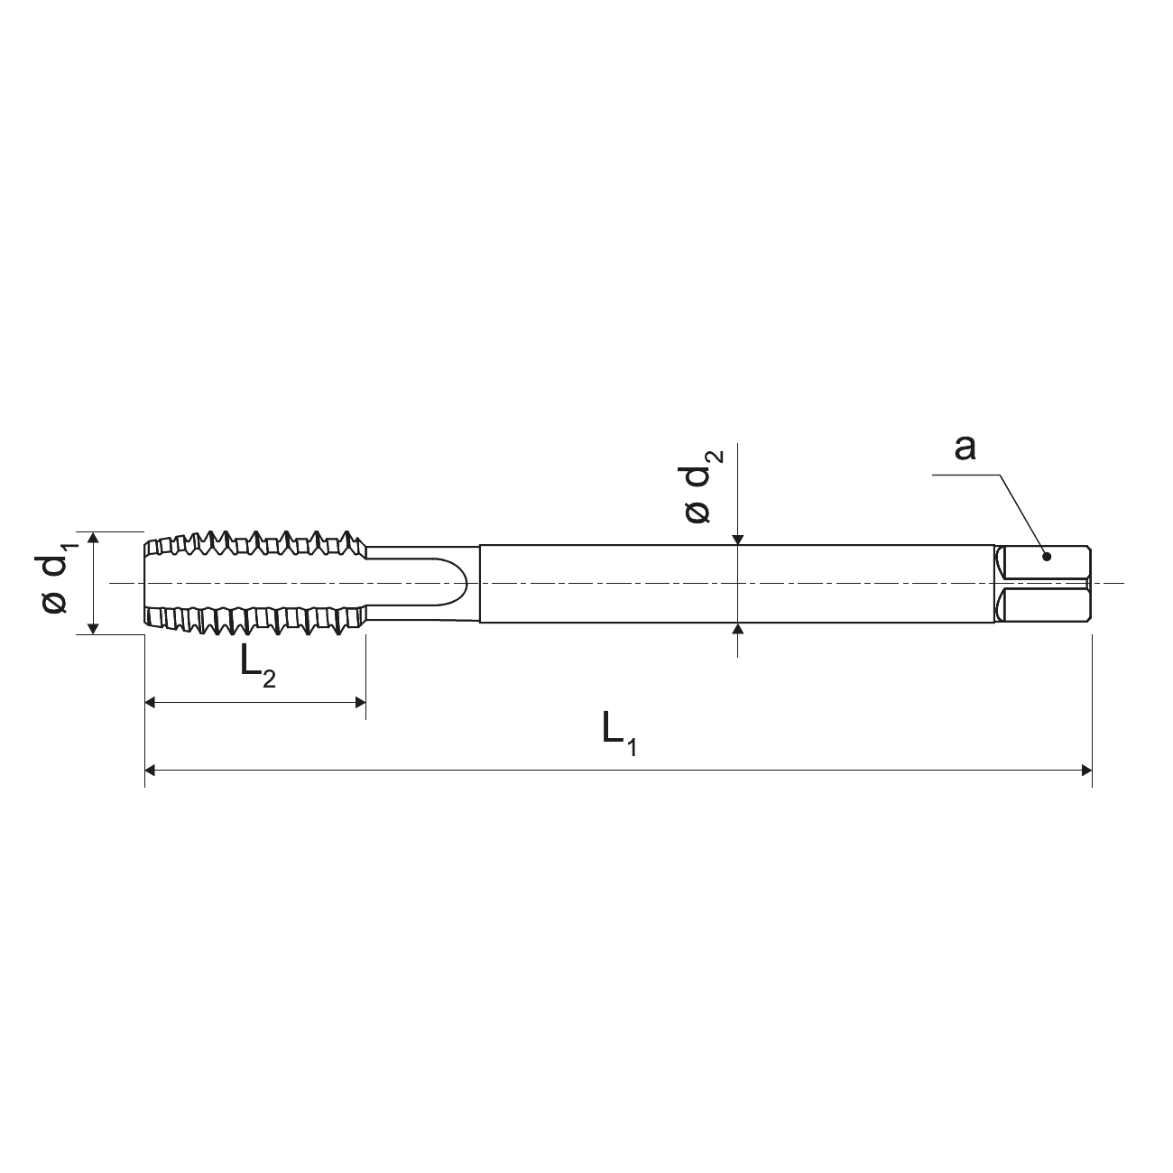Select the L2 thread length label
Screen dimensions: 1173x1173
pos(257,669)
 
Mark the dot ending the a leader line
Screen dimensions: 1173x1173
pos(1047,557)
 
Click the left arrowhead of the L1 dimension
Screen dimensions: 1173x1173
pos(151,771)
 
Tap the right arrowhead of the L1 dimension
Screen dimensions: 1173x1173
pos(1086,771)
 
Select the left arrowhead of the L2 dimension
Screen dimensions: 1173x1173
pos(151,703)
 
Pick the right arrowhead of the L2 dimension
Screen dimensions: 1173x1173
pos(360,703)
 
